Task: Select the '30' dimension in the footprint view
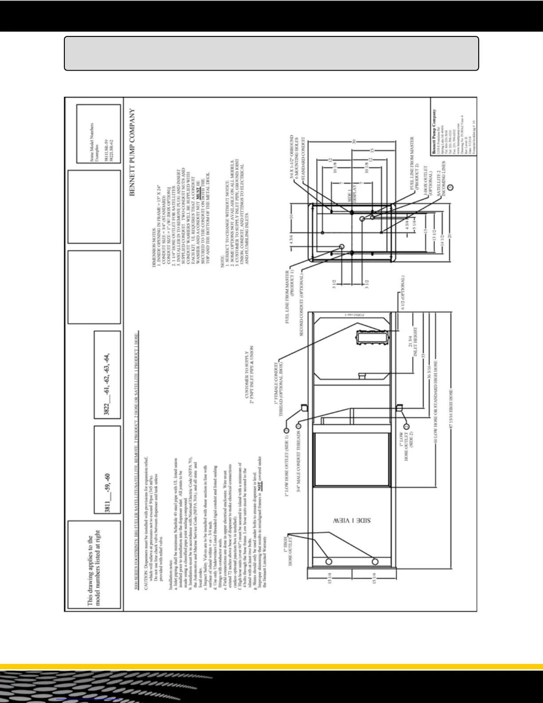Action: (354, 142)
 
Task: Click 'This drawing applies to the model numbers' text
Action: (94, 567)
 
